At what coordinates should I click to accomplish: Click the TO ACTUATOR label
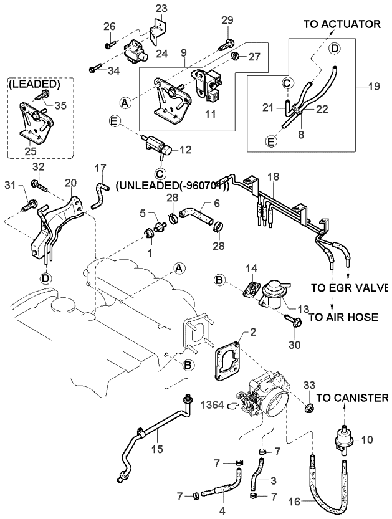point(342,24)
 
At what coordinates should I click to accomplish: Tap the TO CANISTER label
point(352,398)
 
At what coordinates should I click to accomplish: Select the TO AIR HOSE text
point(343,317)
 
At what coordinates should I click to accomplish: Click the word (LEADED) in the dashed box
point(34,84)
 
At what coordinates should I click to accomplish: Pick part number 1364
point(213,404)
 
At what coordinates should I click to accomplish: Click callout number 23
point(161,8)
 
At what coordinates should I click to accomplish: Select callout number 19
point(373,87)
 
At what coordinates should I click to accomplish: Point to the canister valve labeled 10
point(344,439)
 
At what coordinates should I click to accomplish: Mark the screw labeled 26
point(110,45)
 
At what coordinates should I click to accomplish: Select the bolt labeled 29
point(226,44)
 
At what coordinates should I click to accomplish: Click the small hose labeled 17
point(99,196)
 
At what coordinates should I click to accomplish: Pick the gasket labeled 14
point(252,288)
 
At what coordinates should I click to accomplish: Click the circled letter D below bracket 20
point(45,279)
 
